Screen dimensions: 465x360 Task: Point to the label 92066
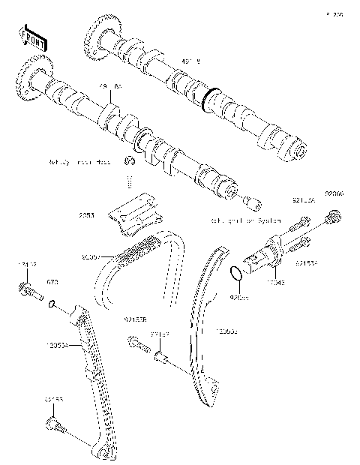pos(334,193)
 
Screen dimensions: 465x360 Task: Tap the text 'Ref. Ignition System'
pos(248,221)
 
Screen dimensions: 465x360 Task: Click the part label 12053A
pos(56,346)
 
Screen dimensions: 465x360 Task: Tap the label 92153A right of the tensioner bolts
pos(307,263)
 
